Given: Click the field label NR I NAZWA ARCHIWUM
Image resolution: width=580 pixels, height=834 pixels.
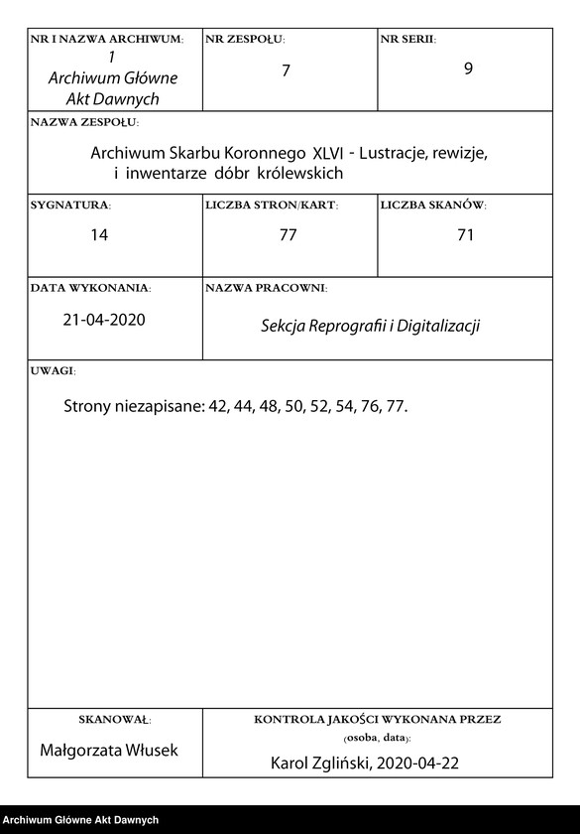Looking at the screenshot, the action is click(107, 39).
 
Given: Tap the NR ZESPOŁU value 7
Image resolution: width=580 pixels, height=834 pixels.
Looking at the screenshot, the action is click(286, 70).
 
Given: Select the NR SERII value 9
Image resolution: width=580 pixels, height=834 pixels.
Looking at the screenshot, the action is click(468, 70).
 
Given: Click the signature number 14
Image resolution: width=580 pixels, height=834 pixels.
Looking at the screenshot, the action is click(98, 235).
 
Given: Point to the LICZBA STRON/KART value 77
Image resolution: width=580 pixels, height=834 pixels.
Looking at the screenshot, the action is click(289, 235).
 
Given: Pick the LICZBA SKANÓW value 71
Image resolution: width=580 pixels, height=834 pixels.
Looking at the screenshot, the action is click(465, 235).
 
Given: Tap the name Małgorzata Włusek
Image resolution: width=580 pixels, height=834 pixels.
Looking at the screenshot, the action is click(109, 750).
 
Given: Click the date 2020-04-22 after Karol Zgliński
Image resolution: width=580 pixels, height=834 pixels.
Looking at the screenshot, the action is click(419, 764).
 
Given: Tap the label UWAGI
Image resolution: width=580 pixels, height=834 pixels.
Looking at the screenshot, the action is click(53, 370).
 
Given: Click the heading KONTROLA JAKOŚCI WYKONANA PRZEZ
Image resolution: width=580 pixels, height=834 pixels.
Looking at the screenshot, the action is click(378, 718).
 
